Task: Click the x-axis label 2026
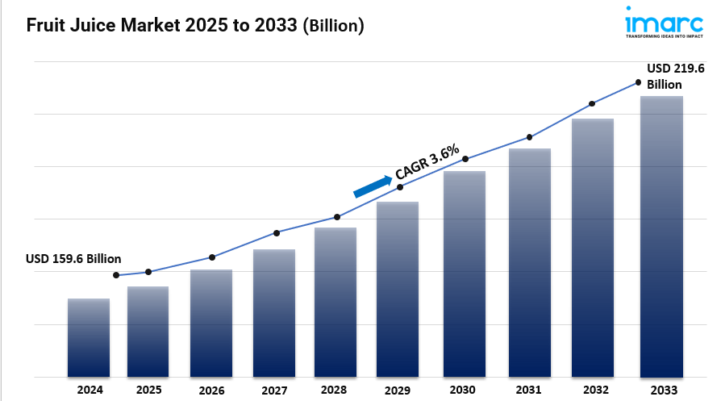pyautogui.click(x=211, y=390)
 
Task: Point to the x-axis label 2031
pyautogui.click(x=529, y=390)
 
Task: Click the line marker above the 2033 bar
pyautogui.click(x=638, y=82)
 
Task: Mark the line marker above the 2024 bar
pyautogui.click(x=116, y=275)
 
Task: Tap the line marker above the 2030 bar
pyautogui.click(x=465, y=159)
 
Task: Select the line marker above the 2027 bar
pyautogui.click(x=277, y=233)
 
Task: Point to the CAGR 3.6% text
pyautogui.click(x=427, y=161)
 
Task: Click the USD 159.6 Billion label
pyautogui.click(x=73, y=259)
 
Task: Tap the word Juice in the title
pyautogui.click(x=88, y=26)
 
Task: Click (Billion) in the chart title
pyautogui.click(x=333, y=26)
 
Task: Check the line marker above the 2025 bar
pyautogui.click(x=148, y=272)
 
